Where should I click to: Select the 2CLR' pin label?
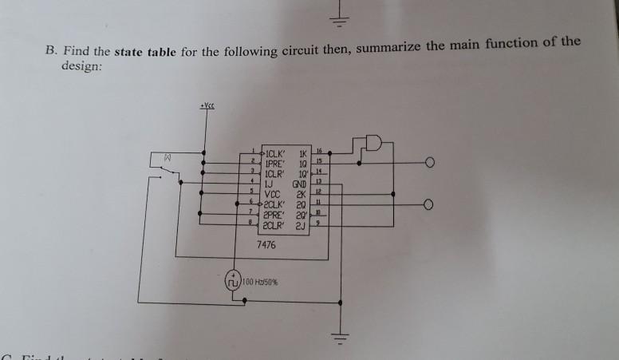click(276, 223)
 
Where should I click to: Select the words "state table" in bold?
click(146, 54)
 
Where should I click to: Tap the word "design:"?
click(83, 68)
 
